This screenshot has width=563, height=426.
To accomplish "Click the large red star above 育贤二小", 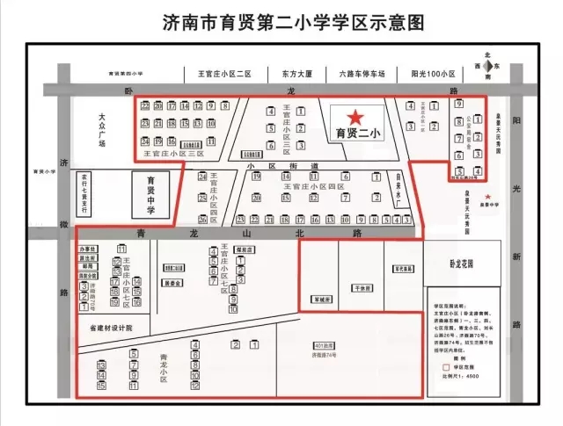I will pyautogui.click(x=355, y=116).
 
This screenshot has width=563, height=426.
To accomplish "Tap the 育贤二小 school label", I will pyautogui.click(x=355, y=134).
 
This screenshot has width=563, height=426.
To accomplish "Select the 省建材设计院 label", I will pyautogui.click(x=110, y=328).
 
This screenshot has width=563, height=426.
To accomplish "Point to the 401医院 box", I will pyautogui.click(x=325, y=347).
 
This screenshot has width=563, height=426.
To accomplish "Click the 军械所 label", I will pyautogui.click(x=323, y=299).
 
